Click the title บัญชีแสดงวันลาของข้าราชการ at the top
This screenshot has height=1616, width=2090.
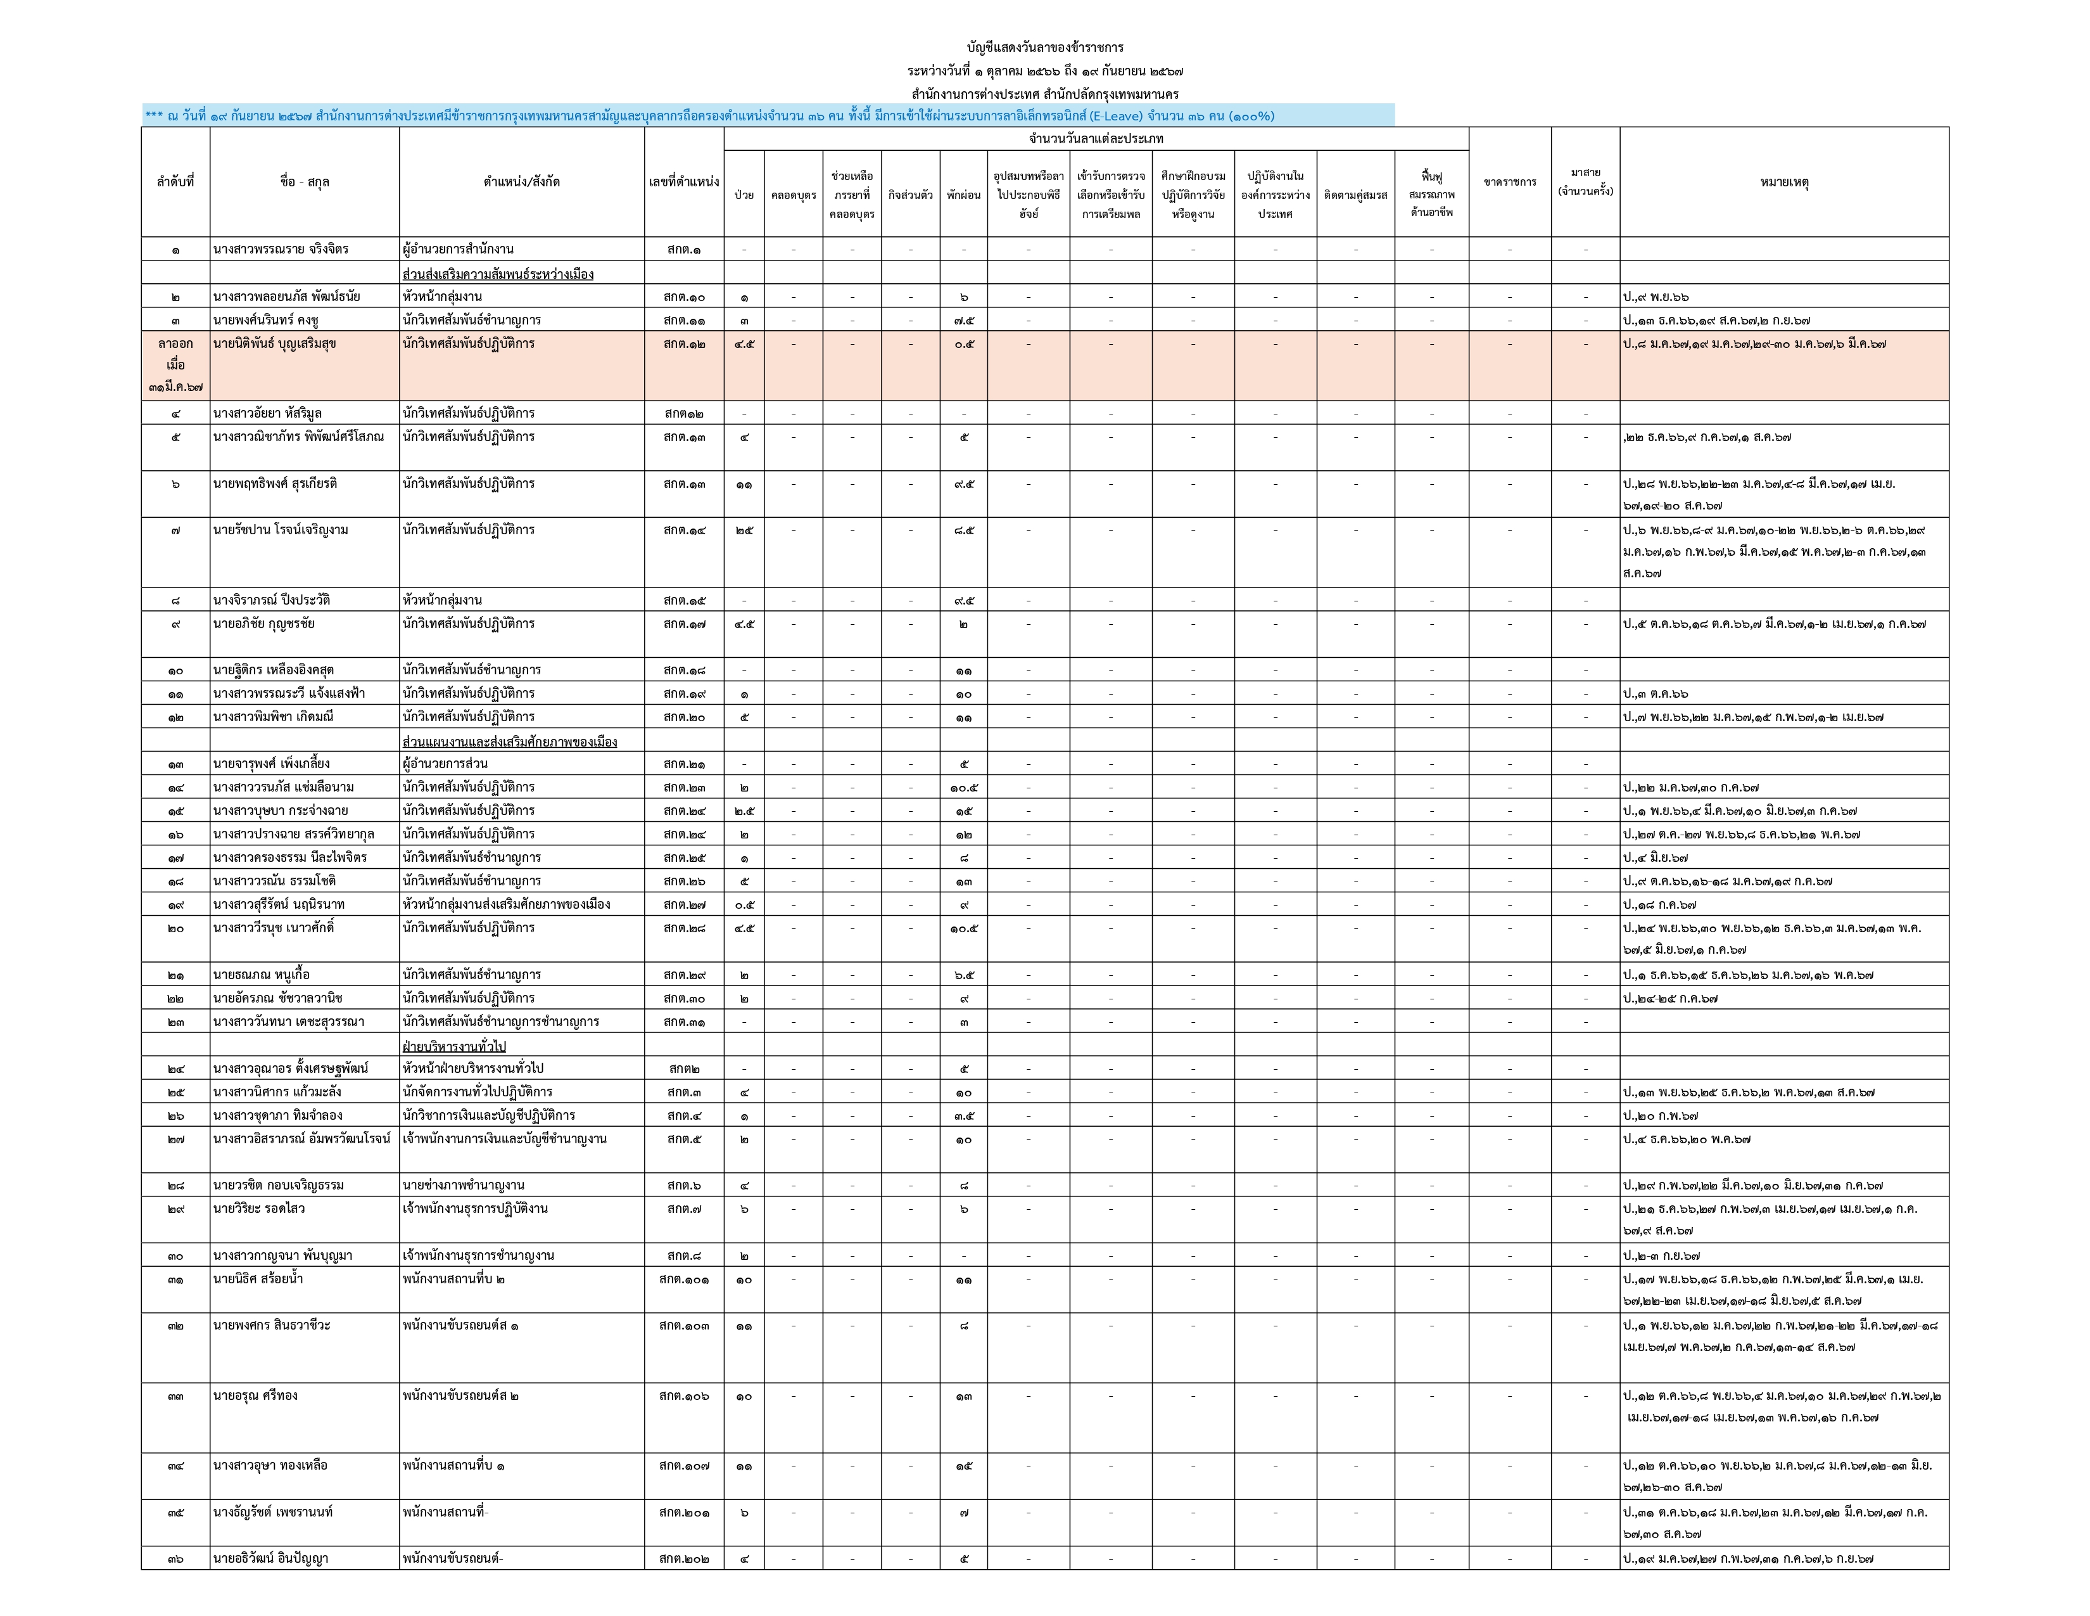tap(1045, 47)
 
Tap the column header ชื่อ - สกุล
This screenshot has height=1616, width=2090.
tap(304, 182)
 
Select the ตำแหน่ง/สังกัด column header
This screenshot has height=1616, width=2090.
tap(521, 182)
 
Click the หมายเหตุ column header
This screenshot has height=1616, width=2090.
tap(1783, 182)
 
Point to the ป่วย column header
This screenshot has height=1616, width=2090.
tap(744, 195)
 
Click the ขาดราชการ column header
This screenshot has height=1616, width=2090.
tap(1509, 182)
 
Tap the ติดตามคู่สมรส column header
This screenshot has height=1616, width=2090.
tap(1355, 195)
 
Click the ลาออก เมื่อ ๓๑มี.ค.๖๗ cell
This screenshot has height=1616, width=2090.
tap(175, 365)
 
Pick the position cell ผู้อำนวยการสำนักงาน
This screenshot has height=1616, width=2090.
tap(459, 250)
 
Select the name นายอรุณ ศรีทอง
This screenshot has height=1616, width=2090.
tap(255, 1396)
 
